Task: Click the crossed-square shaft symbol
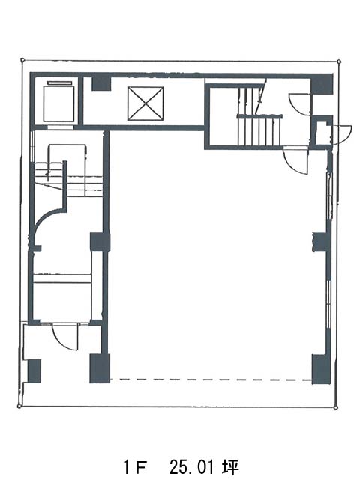(x=145, y=103)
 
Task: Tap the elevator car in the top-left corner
(x=59, y=103)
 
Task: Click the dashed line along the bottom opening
(x=211, y=379)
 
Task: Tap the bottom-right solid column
(x=321, y=369)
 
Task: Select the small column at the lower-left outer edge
(x=34, y=371)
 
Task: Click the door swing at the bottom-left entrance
(x=65, y=336)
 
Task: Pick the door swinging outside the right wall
(x=341, y=135)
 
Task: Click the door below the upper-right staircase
(x=295, y=160)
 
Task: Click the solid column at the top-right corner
(x=322, y=83)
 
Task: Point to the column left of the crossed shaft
(x=101, y=83)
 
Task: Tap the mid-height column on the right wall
(x=320, y=241)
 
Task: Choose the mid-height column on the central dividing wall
(x=100, y=241)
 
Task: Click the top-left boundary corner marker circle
(x=22, y=60)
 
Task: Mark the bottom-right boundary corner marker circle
(x=337, y=408)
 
